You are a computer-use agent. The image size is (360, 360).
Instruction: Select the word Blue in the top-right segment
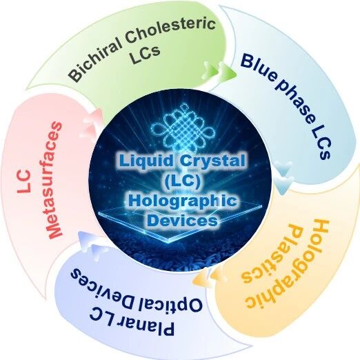pyautogui.click(x=257, y=68)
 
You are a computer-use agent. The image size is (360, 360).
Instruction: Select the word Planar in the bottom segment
pyautogui.click(x=132, y=321)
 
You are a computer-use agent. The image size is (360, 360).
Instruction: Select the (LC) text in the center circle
pyautogui.click(x=182, y=181)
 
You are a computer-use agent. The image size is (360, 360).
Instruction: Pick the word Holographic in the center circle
pyautogui.click(x=182, y=201)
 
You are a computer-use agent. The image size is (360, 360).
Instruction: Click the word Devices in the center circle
pyautogui.click(x=182, y=221)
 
